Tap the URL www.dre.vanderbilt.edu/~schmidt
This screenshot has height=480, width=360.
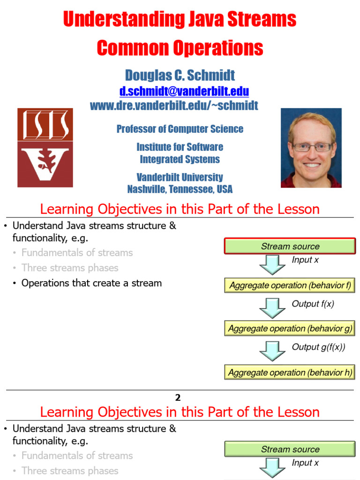[174, 105]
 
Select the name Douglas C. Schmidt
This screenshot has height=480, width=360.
[180, 75]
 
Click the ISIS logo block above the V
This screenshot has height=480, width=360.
[45, 124]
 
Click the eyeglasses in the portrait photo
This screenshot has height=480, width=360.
[311, 147]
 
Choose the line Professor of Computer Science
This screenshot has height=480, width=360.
[180, 129]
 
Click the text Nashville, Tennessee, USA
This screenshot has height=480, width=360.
[180, 189]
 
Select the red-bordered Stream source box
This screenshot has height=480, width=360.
[290, 246]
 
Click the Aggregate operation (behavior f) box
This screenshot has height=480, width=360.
[290, 285]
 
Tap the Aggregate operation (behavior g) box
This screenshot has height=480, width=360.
[290, 329]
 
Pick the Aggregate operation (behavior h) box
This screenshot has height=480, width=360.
[290, 373]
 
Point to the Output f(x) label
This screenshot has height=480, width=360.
[312, 304]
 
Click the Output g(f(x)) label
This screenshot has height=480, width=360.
[318, 347]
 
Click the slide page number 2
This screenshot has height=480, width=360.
[178, 397]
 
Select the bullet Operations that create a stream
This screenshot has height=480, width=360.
[91, 283]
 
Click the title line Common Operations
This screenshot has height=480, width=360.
[180, 48]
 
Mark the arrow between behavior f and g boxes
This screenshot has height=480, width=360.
[272, 307]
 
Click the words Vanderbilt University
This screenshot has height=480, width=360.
[180, 177]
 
